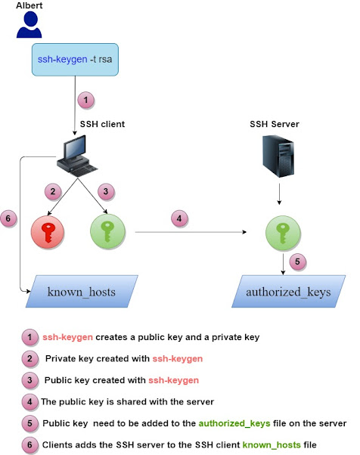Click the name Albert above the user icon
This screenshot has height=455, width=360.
tap(29, 6)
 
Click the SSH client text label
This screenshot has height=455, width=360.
tap(104, 122)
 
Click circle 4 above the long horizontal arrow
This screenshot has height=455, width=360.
tap(178, 220)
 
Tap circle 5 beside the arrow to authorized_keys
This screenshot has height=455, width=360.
tap(298, 262)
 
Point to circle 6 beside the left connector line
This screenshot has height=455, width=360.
tap(9, 218)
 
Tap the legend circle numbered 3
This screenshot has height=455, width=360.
tap(29, 379)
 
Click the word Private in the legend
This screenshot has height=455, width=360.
tap(62, 358)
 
